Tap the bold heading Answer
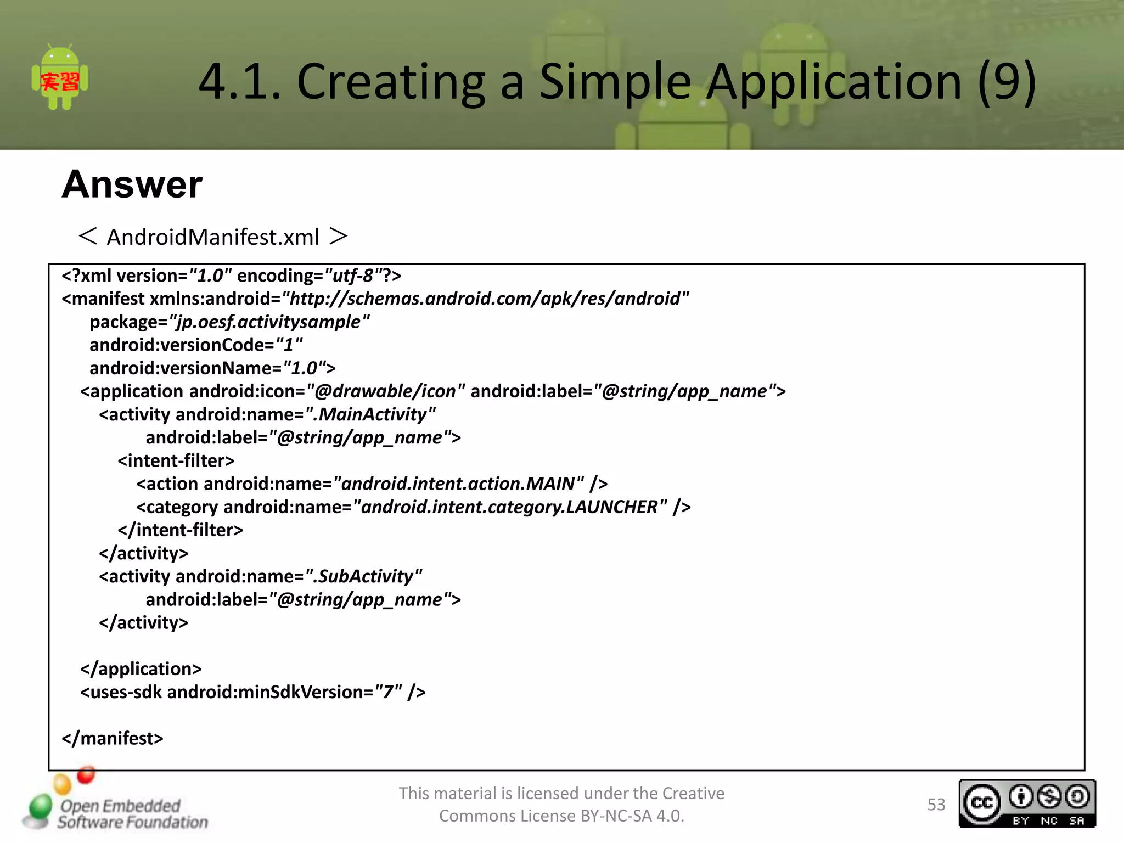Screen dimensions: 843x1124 (132, 184)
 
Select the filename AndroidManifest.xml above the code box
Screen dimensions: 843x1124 (213, 237)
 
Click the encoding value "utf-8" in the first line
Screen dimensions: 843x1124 (349, 276)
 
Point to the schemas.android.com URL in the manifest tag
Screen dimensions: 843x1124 (485, 299)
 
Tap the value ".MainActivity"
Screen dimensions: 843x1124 (370, 414)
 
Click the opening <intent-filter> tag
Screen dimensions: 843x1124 (176, 460)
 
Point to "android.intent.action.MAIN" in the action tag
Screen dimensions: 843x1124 (458, 484)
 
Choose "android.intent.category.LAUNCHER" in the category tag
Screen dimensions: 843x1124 (510, 507)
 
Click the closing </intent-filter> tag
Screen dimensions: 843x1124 (180, 530)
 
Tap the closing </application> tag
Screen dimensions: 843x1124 (141, 669)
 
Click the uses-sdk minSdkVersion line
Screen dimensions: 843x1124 (252, 692)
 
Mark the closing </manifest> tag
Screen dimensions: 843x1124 (113, 738)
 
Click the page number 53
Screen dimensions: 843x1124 (936, 805)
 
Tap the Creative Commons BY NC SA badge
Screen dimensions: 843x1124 (1027, 803)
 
